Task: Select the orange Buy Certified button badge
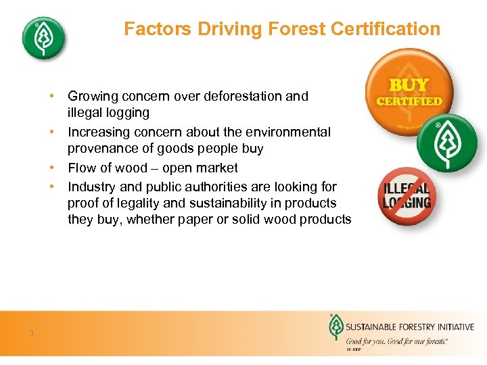tap(408, 91)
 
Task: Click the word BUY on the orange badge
tap(409, 84)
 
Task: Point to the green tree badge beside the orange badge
tap(446, 143)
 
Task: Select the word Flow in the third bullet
tap(83, 168)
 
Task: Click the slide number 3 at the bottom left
tap(31, 332)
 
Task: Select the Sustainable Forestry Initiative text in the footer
tap(410, 327)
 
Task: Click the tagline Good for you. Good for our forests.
tap(396, 342)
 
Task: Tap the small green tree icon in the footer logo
tap(335, 328)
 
